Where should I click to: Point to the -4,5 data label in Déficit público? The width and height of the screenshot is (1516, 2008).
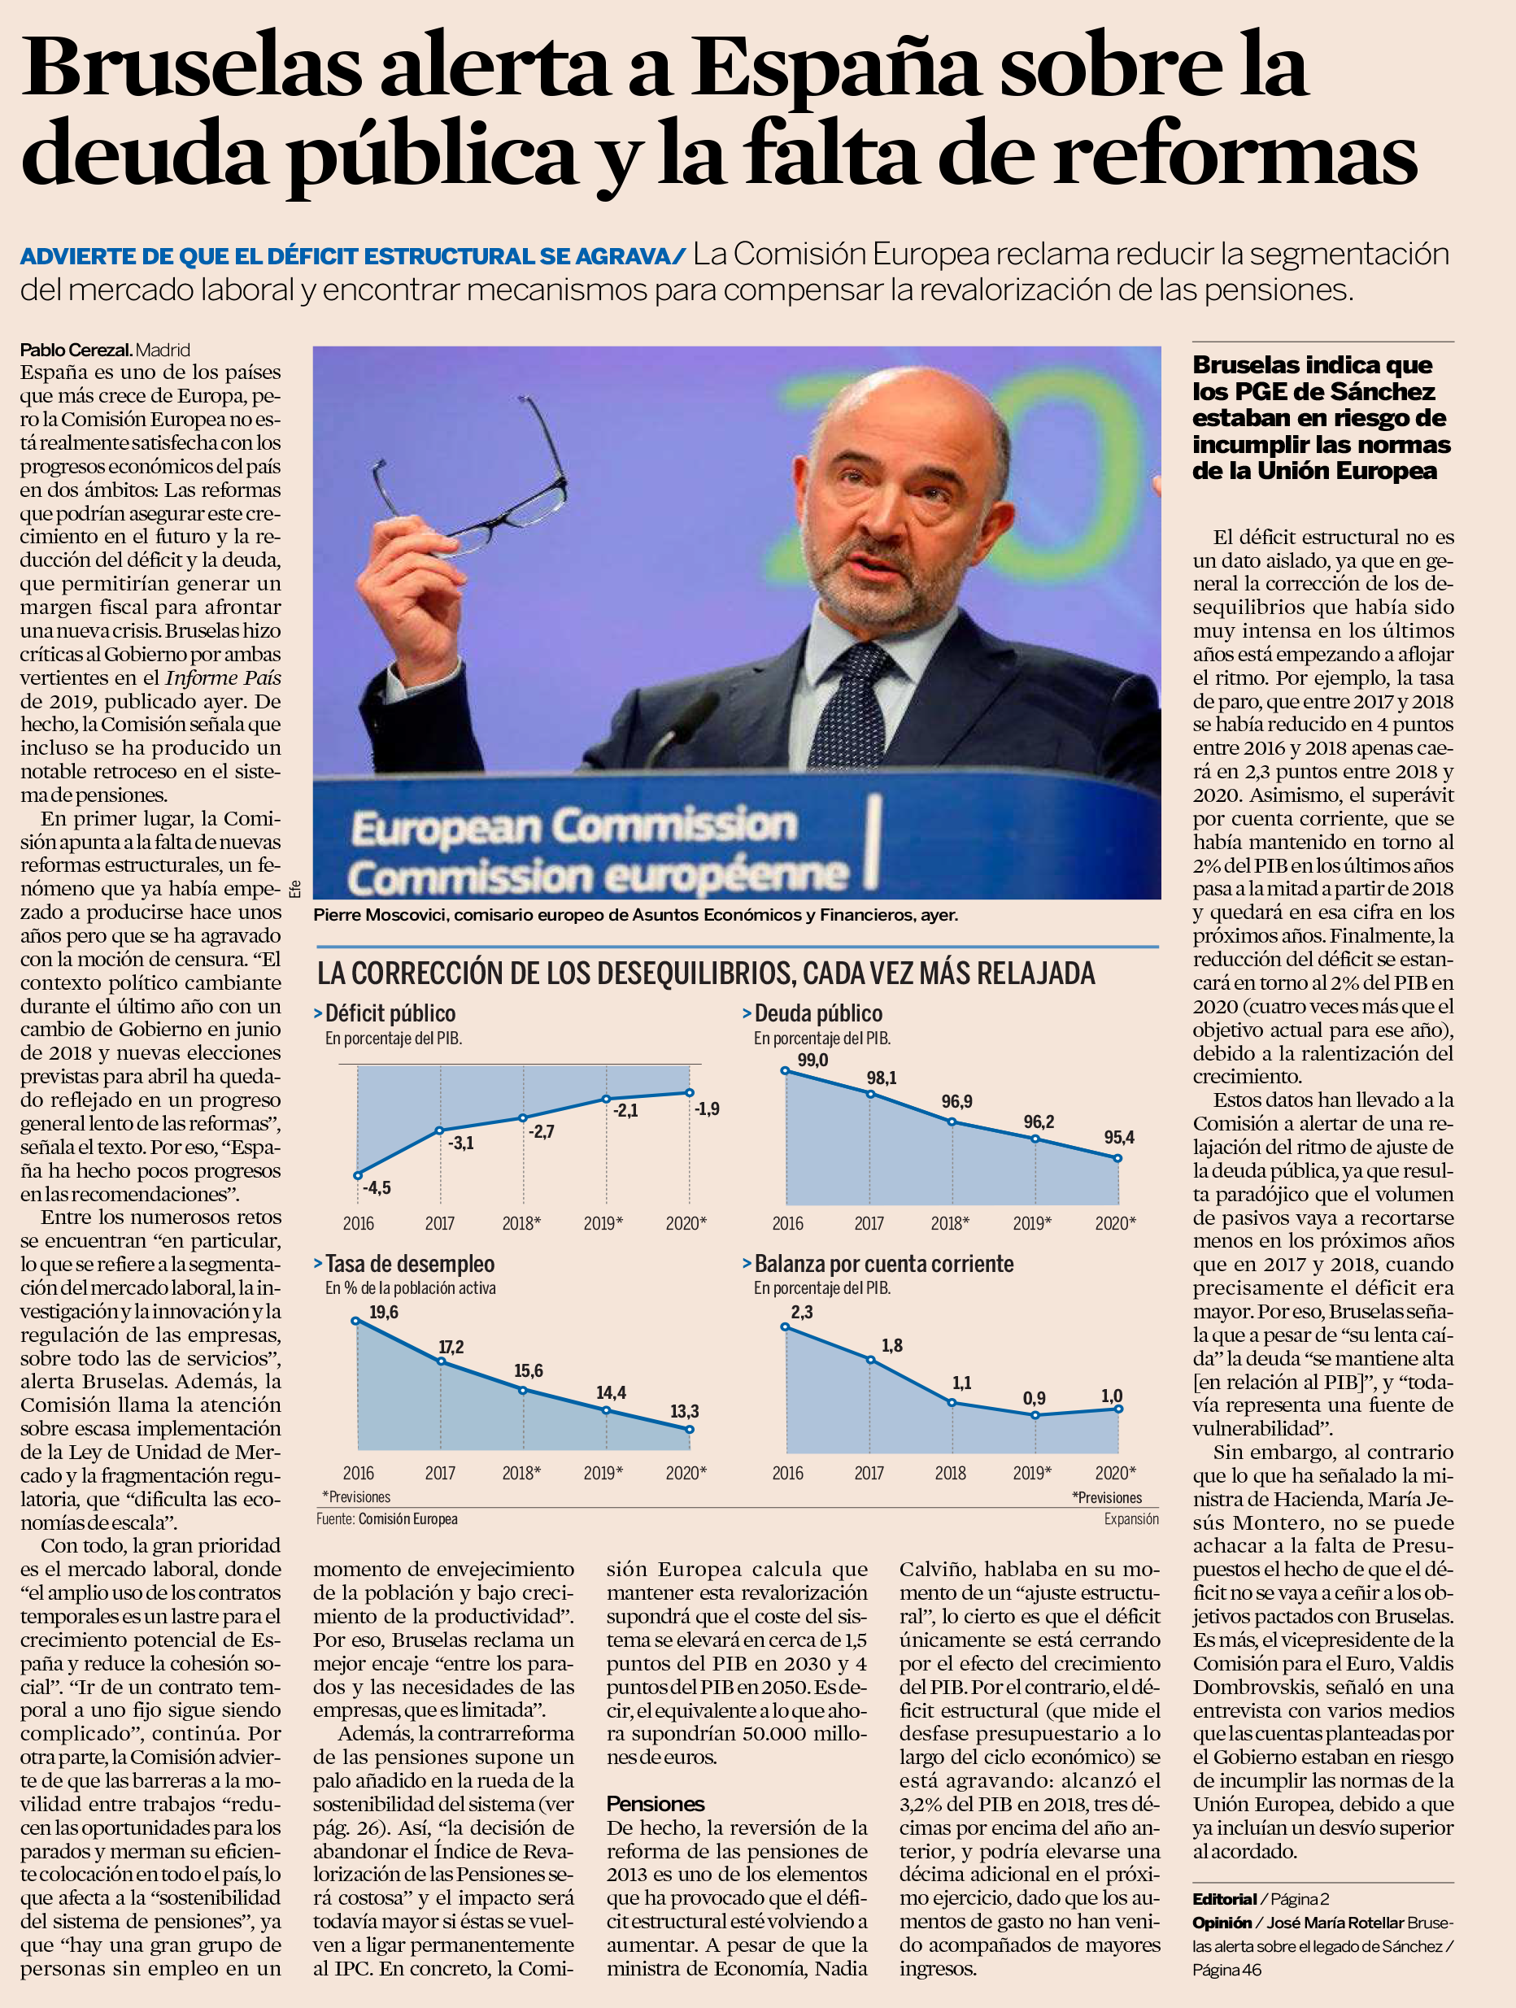[377, 1187]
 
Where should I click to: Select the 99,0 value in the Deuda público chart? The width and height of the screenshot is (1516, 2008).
[812, 1061]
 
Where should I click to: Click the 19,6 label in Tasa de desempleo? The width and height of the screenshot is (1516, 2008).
[383, 1313]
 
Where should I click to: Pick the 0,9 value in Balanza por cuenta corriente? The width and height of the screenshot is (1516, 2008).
[1034, 1398]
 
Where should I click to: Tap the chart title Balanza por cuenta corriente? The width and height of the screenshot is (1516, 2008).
[883, 1264]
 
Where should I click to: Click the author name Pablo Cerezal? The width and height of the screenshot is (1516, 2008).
[76, 350]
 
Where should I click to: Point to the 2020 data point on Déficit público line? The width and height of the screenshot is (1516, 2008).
[690, 1093]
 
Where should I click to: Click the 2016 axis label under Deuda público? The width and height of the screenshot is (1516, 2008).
[787, 1223]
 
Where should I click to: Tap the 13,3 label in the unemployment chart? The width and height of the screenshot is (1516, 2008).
[685, 1412]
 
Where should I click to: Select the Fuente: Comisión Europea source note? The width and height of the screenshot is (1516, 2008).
[386, 1518]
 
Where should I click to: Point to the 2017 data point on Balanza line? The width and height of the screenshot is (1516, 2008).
[870, 1360]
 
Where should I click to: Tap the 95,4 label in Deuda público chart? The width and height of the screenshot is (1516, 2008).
[1119, 1138]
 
